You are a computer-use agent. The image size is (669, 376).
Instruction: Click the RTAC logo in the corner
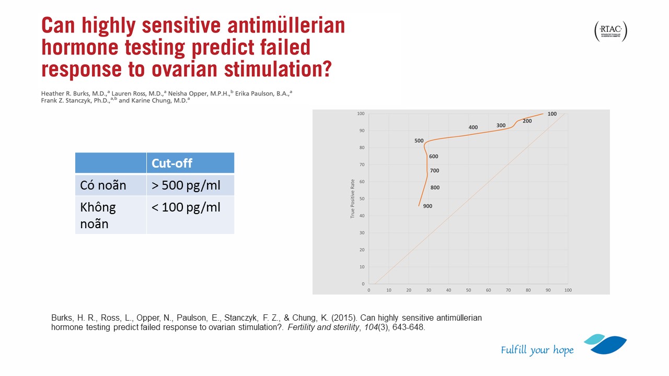tap(610, 32)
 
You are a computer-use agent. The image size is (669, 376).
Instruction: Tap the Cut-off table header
tap(172, 163)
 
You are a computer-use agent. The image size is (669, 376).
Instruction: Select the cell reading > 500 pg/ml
tap(186, 185)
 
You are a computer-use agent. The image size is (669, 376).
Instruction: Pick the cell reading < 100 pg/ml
tap(186, 207)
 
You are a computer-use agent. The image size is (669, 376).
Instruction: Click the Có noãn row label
tap(103, 185)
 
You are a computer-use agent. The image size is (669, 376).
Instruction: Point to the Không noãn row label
tap(98, 215)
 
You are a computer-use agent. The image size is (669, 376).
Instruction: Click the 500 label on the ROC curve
tap(419, 141)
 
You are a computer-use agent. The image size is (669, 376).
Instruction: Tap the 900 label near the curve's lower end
tap(428, 206)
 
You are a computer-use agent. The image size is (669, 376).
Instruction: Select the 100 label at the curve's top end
tap(552, 114)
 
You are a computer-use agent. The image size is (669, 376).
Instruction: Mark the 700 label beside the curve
tap(434, 171)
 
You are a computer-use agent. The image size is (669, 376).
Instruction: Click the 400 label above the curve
tap(473, 127)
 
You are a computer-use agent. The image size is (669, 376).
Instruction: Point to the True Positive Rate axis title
tap(353, 199)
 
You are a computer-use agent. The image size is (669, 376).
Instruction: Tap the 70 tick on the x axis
tap(508, 290)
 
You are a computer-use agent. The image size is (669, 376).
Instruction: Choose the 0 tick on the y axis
tap(363, 284)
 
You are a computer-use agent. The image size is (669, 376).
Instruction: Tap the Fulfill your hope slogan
tap(537, 350)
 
